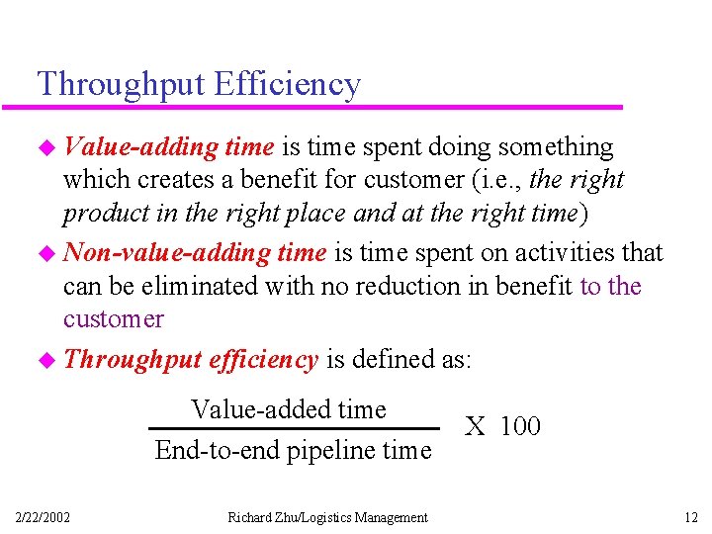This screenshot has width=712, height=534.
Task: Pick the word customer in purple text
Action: [x=113, y=319]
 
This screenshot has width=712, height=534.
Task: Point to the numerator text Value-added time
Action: [x=289, y=409]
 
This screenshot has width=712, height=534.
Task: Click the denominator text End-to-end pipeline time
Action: [x=294, y=451]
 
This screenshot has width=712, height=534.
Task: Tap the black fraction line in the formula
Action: [x=294, y=429]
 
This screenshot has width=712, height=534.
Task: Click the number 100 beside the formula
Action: [x=520, y=426]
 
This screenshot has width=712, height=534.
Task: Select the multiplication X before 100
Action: [x=476, y=426]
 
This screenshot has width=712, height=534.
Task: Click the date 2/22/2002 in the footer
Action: [x=43, y=517]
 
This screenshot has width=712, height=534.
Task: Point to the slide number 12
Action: [x=691, y=517]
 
